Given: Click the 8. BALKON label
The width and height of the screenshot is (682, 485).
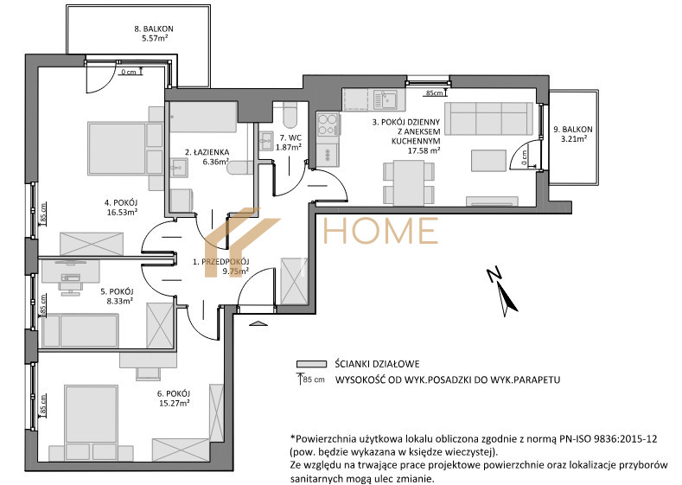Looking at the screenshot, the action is [x=154, y=29].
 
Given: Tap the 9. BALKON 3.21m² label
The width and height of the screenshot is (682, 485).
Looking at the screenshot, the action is [x=573, y=134].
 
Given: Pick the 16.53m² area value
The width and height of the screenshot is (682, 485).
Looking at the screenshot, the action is [x=122, y=213].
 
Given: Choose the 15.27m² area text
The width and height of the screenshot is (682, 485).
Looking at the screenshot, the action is [x=174, y=403].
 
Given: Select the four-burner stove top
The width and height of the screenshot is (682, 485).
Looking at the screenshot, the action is [x=328, y=124].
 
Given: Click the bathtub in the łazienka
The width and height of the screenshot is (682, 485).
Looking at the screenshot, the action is [x=203, y=117].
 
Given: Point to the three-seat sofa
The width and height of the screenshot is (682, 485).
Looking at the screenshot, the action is [x=489, y=118].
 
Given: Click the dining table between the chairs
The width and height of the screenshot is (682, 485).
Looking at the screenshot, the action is [x=408, y=182].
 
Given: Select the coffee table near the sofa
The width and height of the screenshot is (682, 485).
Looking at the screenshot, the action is [x=489, y=160].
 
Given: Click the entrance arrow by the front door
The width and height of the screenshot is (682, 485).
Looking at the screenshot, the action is [x=258, y=323].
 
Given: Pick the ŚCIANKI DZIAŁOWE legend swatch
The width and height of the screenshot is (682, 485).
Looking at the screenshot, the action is [x=311, y=364].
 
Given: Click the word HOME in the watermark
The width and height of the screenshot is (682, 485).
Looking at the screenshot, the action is [x=380, y=231].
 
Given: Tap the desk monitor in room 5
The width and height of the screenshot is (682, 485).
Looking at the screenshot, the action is [x=70, y=262].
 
